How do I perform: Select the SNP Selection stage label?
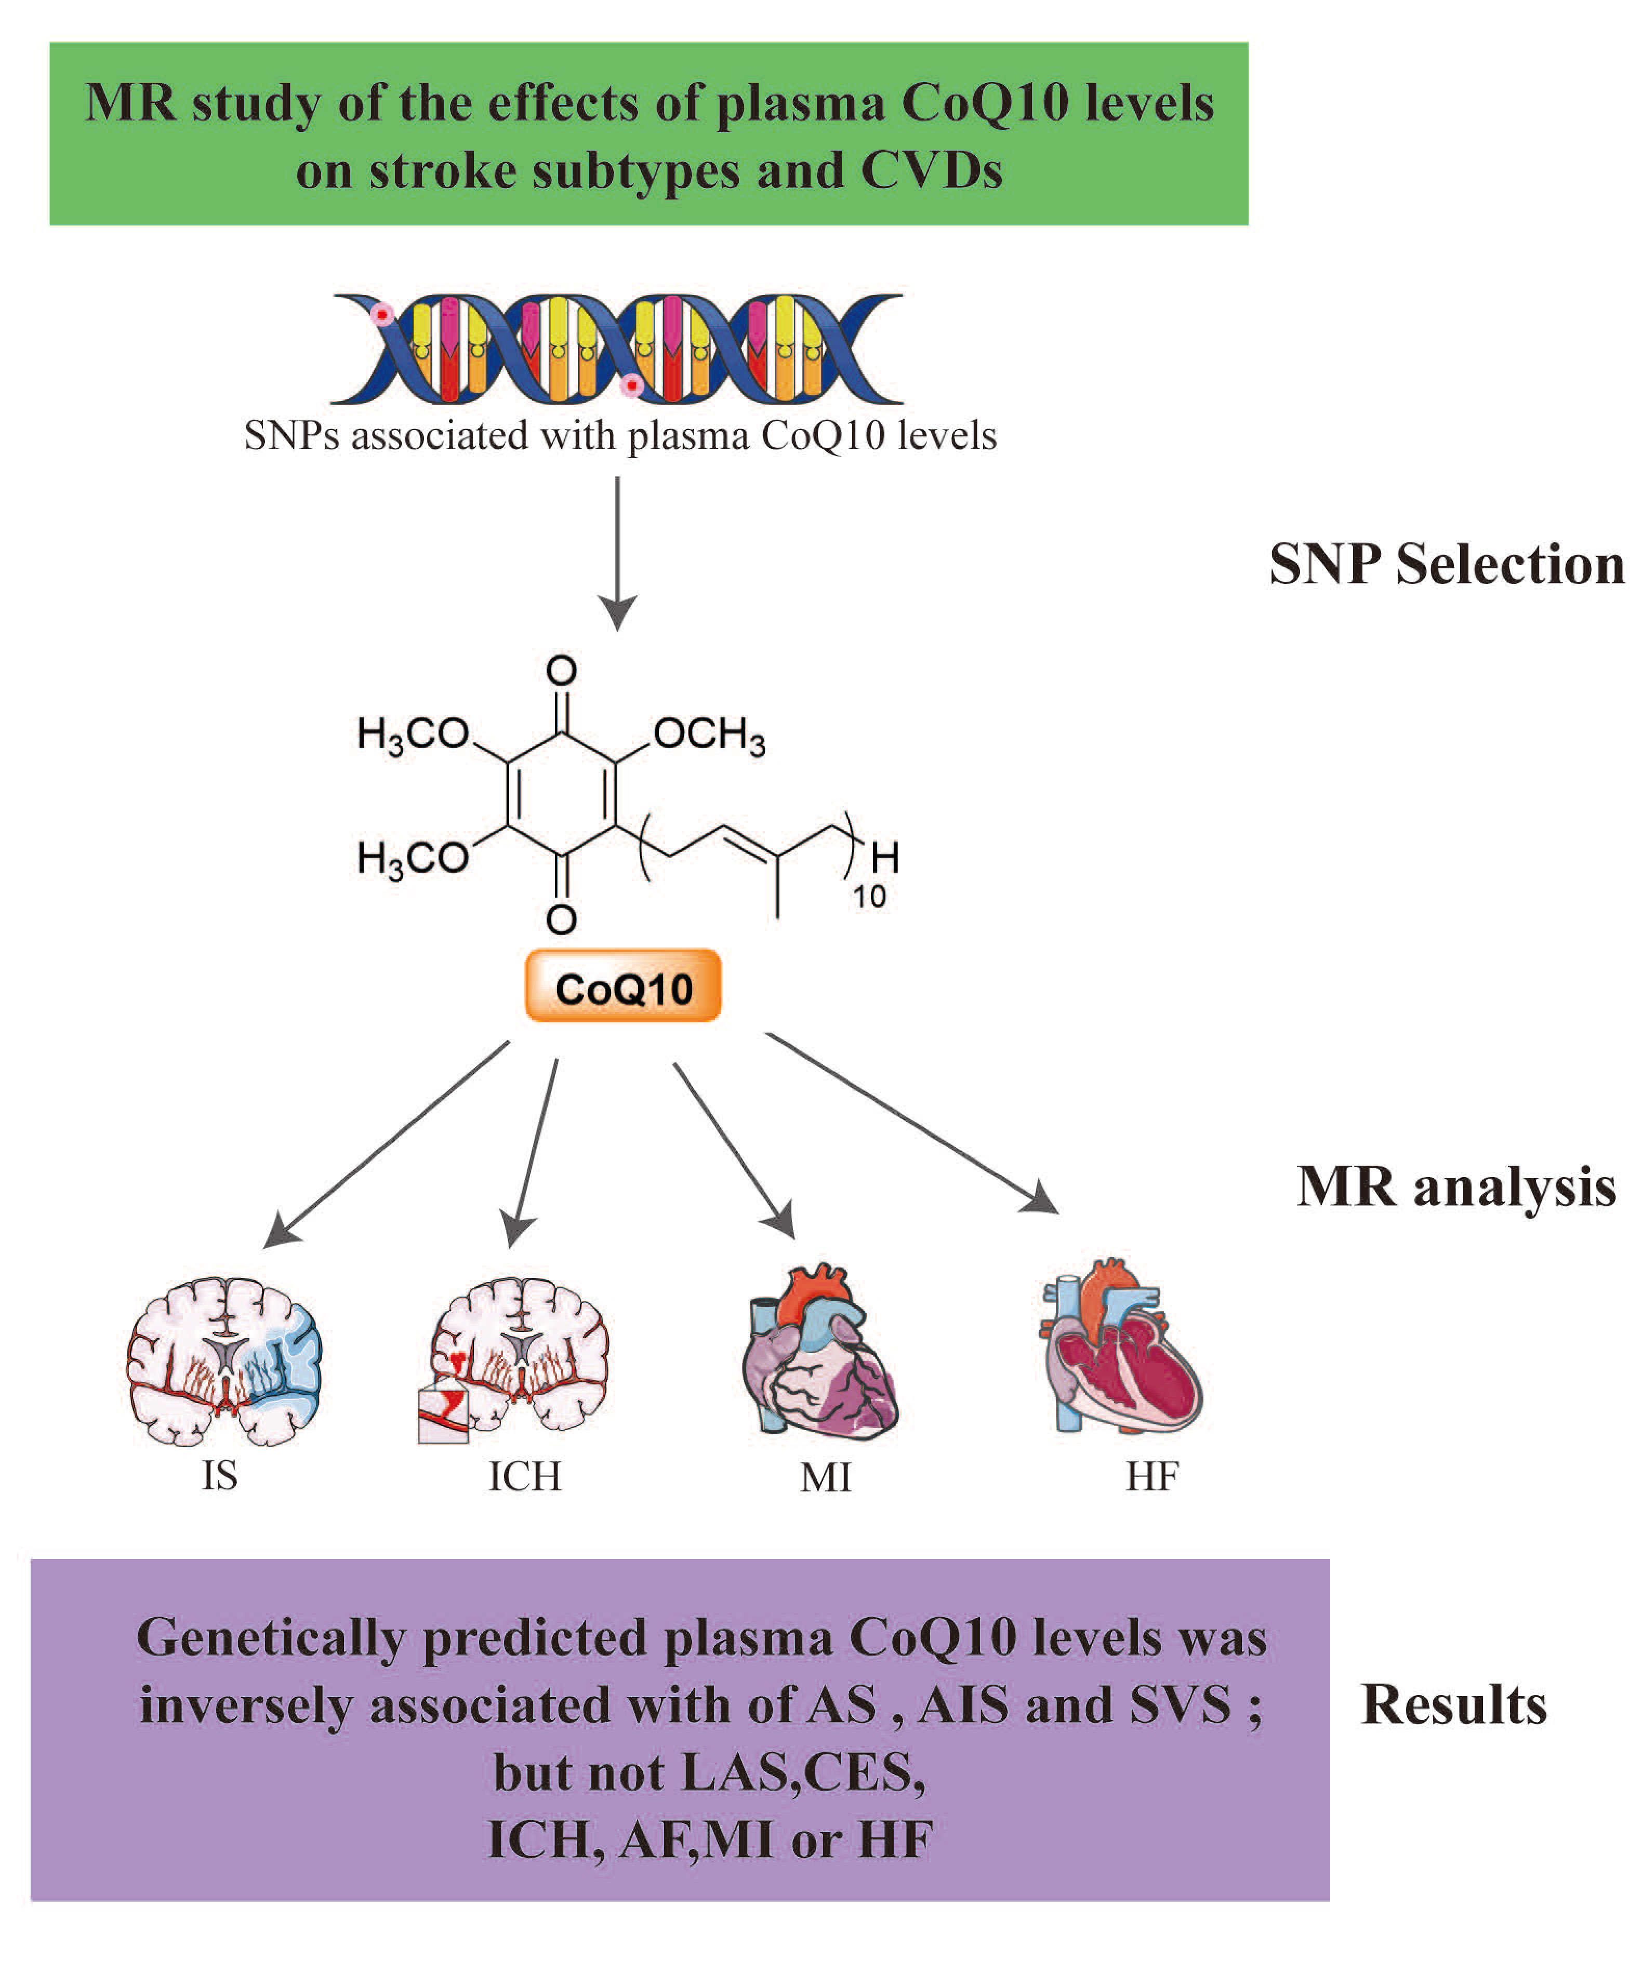1447,566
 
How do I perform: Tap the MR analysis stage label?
1456,1187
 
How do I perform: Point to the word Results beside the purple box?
1453,1705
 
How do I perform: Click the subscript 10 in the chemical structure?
869,898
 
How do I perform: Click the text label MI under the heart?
825,1478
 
